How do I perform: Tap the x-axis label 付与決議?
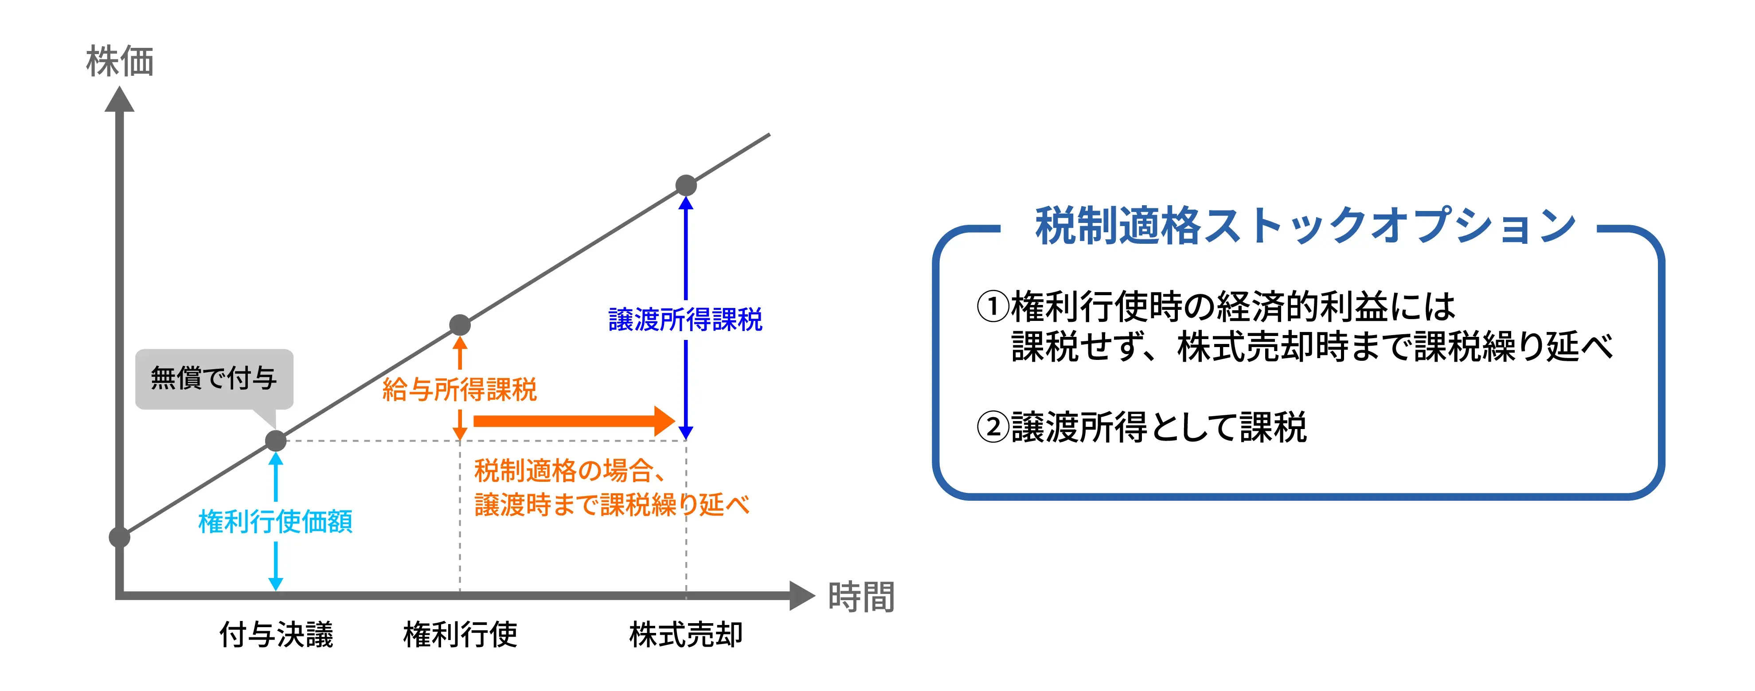[x=276, y=634]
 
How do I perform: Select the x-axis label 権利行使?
[x=461, y=634]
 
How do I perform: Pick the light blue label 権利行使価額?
[x=275, y=522]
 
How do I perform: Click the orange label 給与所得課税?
[x=460, y=390]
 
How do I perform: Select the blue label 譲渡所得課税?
[x=685, y=320]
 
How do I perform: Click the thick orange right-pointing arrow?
[x=572, y=421]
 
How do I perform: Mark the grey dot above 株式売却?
[x=686, y=185]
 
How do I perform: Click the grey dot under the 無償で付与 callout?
[x=276, y=441]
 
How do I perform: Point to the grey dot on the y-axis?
[x=120, y=537]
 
